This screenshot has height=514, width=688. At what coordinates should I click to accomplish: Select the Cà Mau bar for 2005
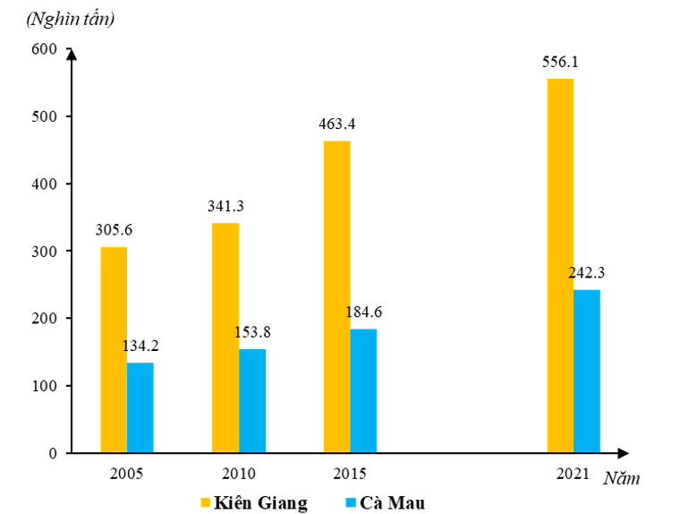click(x=140, y=407)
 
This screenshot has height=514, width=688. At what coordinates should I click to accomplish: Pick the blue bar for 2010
click(x=252, y=400)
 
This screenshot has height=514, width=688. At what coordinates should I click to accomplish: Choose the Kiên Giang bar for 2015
click(x=337, y=296)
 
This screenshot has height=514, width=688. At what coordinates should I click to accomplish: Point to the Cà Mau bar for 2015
click(x=363, y=390)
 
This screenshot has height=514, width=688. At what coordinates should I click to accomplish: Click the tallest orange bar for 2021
click(x=560, y=266)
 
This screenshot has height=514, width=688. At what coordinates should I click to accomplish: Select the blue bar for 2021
click(x=587, y=371)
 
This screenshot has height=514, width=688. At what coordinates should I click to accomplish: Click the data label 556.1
click(x=560, y=63)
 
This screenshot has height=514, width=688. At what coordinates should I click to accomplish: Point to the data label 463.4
click(x=336, y=124)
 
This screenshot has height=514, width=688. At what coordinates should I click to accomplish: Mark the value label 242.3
click(x=587, y=273)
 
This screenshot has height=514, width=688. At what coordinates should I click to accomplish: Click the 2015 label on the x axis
click(x=350, y=473)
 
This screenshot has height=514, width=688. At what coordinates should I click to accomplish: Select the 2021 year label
click(x=573, y=473)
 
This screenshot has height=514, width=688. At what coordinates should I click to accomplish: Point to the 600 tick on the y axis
click(x=43, y=50)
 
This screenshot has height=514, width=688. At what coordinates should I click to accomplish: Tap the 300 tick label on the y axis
click(x=43, y=252)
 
